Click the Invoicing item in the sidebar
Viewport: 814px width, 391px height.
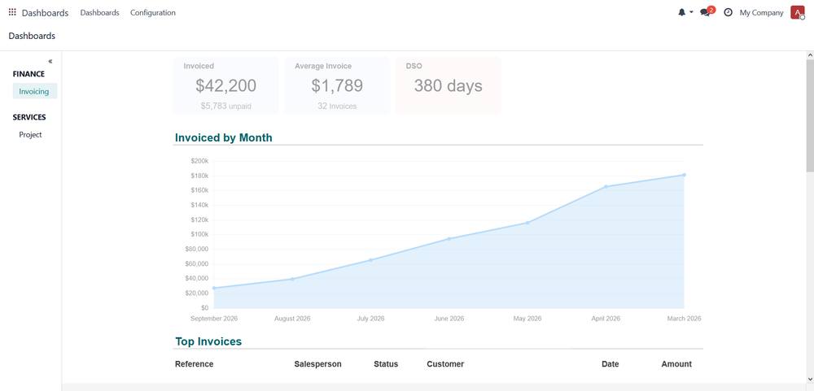click(x=34, y=91)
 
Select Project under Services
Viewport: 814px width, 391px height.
click(x=30, y=134)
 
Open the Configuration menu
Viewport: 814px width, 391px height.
click(x=153, y=12)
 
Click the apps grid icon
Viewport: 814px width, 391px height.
click(x=12, y=12)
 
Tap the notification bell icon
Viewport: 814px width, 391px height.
click(x=681, y=12)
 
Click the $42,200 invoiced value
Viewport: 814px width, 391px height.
click(x=225, y=85)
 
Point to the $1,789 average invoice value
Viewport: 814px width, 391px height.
click(x=337, y=85)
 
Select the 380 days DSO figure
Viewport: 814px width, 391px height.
click(x=448, y=85)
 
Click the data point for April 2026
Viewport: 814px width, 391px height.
click(x=606, y=187)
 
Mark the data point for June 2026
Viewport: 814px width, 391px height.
click(x=449, y=238)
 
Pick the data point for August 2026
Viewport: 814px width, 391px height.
click(x=292, y=279)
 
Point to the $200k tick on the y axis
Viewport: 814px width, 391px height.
click(x=200, y=161)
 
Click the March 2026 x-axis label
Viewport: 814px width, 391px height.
click(x=685, y=319)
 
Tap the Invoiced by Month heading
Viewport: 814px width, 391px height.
click(x=224, y=137)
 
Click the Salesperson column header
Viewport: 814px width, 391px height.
click(x=317, y=364)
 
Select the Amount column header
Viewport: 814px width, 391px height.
click(x=676, y=364)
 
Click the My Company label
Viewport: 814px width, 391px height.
click(x=761, y=12)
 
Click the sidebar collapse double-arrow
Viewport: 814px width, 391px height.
click(x=50, y=61)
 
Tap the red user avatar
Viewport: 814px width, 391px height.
click(x=797, y=12)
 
